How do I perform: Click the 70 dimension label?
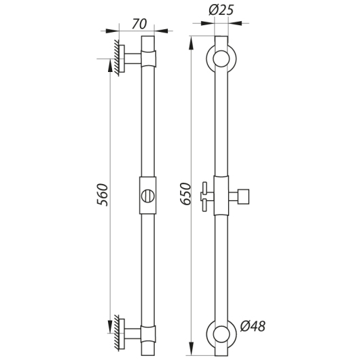(139, 24)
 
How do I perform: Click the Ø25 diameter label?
(221, 10)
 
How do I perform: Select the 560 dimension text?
(102, 195)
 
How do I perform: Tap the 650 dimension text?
(185, 194)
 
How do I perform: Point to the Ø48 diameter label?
(253, 326)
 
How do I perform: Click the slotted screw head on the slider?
(148, 196)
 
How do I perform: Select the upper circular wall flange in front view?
(209, 58)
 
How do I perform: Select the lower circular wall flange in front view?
(209, 334)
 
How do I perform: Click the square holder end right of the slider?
(243, 196)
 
